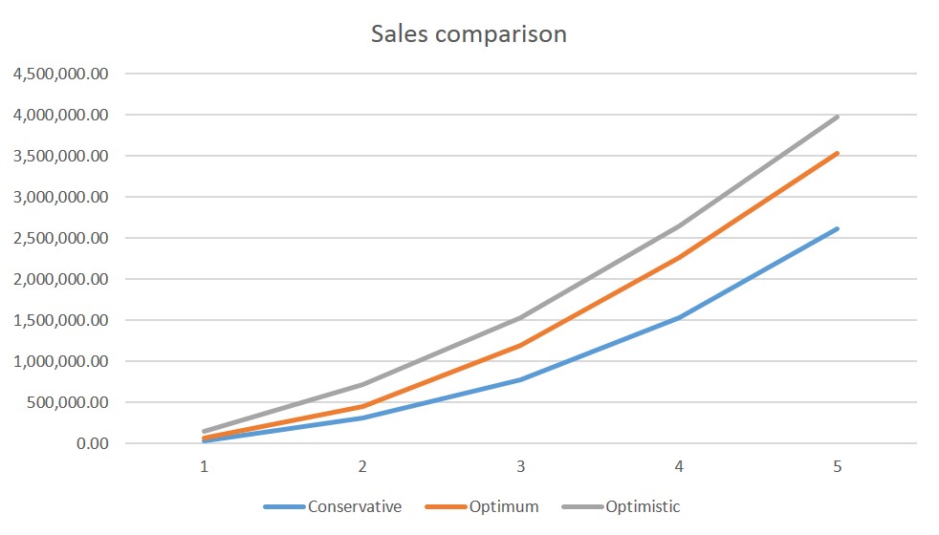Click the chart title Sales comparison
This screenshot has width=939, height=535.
(x=469, y=34)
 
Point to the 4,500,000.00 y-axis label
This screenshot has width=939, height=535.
(x=60, y=74)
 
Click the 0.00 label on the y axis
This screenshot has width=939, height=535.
(x=94, y=443)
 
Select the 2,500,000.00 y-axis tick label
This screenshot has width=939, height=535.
(x=60, y=238)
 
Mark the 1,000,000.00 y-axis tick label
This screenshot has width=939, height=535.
(x=60, y=361)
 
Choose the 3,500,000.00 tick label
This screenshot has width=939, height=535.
(x=60, y=156)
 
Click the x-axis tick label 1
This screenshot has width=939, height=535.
(x=204, y=467)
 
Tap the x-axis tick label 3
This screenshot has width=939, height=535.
(x=520, y=467)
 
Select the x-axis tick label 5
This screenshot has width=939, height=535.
(x=838, y=467)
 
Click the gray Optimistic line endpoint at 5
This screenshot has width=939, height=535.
(x=838, y=117)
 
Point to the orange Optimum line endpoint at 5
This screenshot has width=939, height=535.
(x=838, y=153)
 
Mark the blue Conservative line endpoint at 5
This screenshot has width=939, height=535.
(x=838, y=228)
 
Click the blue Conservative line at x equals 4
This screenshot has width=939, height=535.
(x=679, y=317)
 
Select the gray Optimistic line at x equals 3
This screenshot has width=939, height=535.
(x=520, y=317)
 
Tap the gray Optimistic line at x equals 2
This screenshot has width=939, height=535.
(x=362, y=384)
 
